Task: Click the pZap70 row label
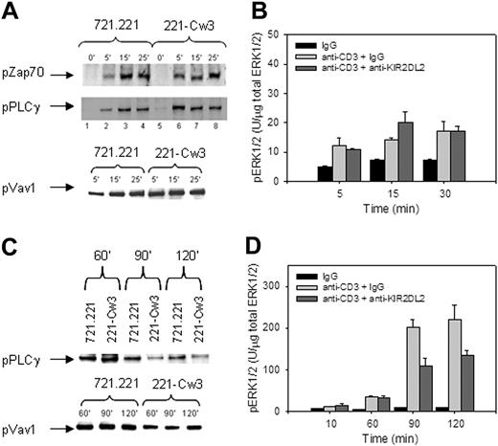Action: tap(28, 71)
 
